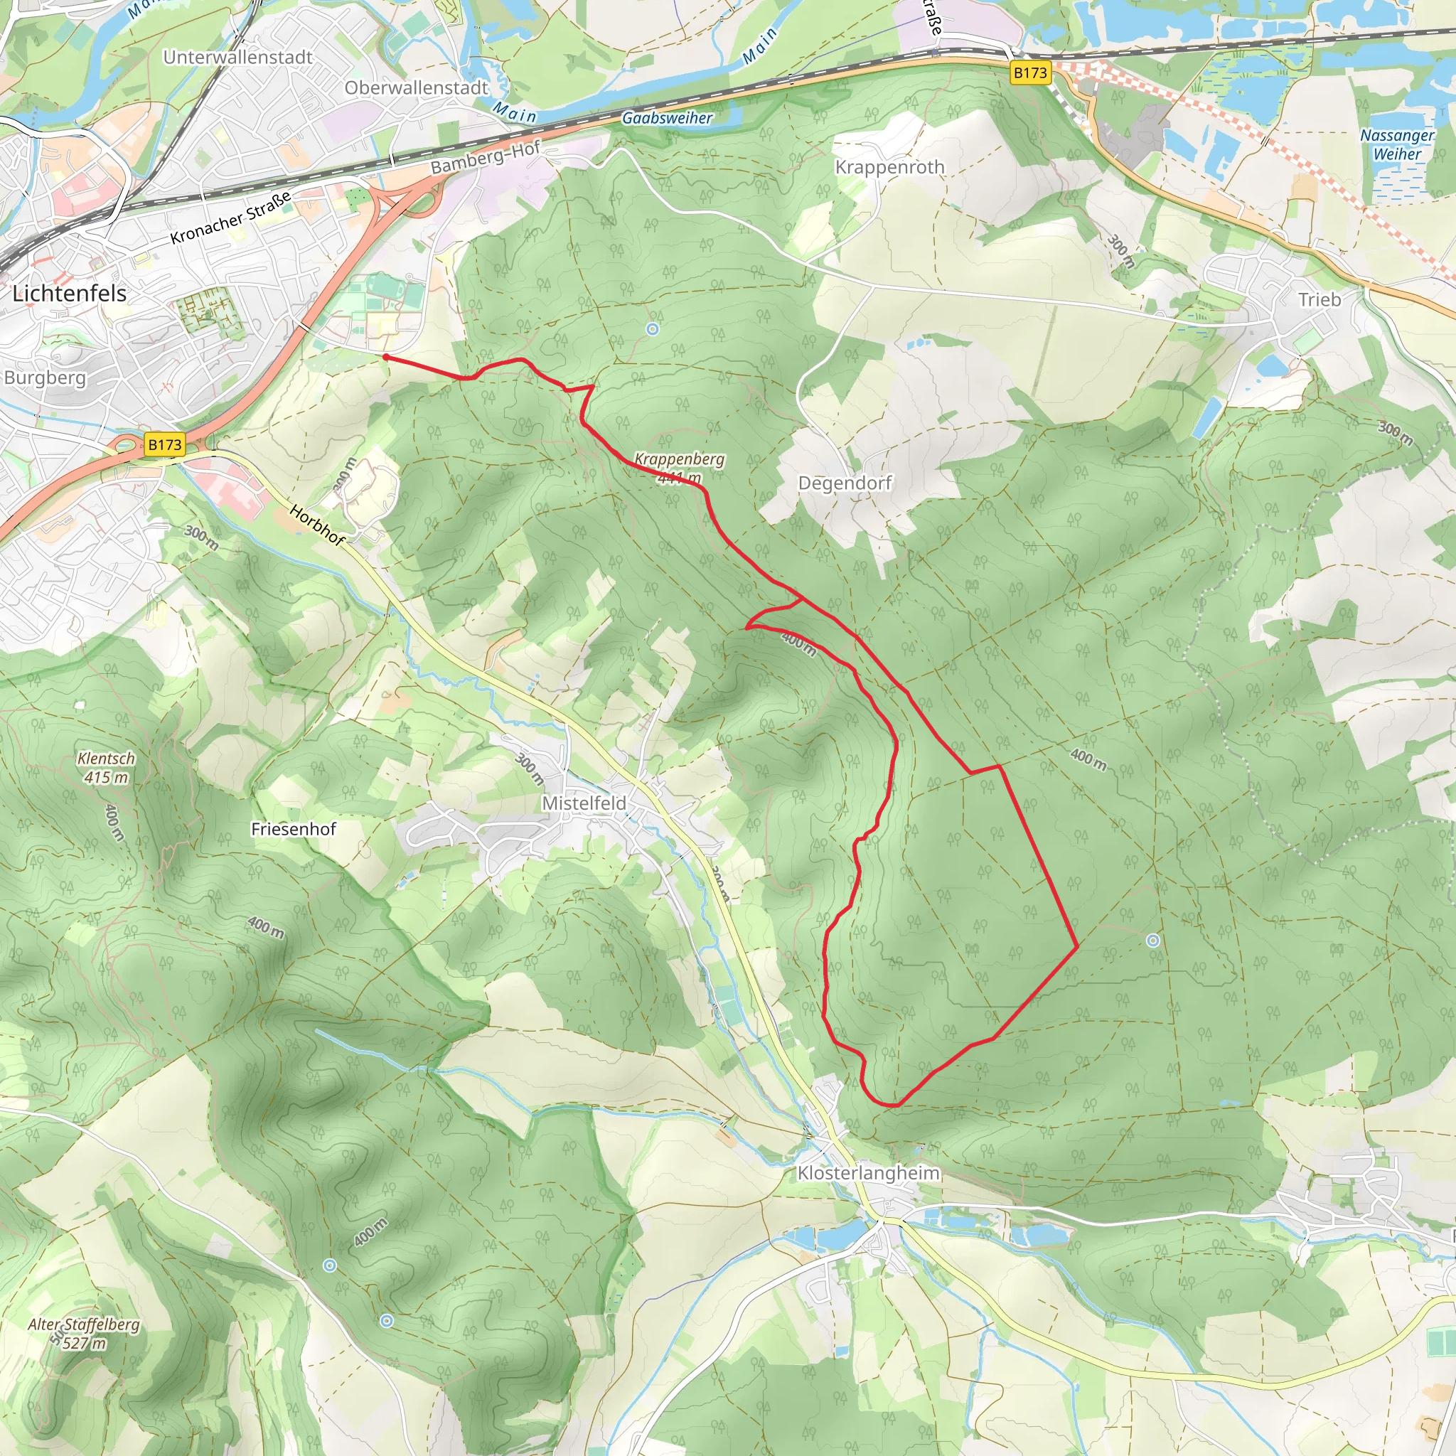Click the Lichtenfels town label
[x=70, y=293]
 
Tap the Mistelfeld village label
[x=584, y=803]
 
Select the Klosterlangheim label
[x=868, y=1173]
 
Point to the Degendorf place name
[x=845, y=483]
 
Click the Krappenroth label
[x=889, y=167]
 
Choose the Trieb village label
[x=1319, y=300]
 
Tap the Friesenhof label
[x=293, y=829]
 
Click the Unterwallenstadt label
[x=237, y=58]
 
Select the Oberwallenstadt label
[x=416, y=88]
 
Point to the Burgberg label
[x=45, y=378]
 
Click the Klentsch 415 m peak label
[x=106, y=768]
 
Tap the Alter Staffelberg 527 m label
[x=84, y=1333]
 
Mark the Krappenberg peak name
[x=679, y=459]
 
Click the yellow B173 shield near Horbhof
[x=164, y=444]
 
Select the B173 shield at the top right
[x=1030, y=73]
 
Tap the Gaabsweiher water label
[x=667, y=118]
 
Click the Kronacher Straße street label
[x=230, y=218]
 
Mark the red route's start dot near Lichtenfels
[x=386, y=357]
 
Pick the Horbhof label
[x=317, y=525]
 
